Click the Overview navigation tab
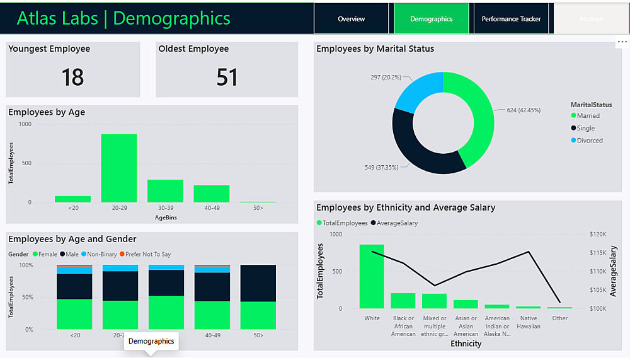[351, 19]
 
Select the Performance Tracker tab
[511, 19]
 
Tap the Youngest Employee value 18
[72, 77]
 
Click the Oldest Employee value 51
[227, 77]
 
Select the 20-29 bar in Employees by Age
[119, 168]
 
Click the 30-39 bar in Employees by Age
[165, 191]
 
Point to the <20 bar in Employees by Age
[72, 199]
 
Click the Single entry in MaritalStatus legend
[585, 128]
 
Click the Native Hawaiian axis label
[528, 322]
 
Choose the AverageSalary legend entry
[397, 223]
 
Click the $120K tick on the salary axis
[598, 234]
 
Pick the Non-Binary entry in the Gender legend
[101, 254]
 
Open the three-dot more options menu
[622, 42]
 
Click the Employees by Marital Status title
[375, 49]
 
